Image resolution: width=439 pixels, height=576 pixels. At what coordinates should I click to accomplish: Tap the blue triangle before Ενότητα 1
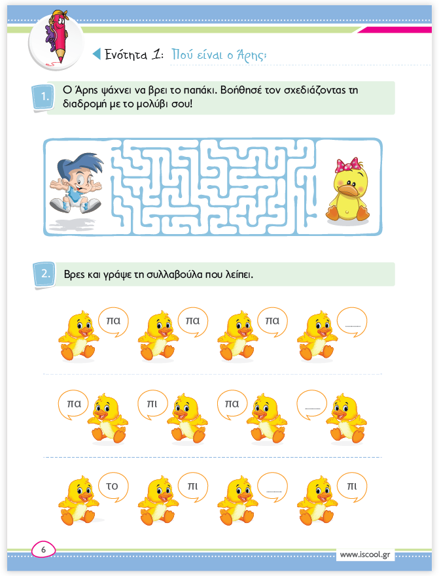tap(97, 54)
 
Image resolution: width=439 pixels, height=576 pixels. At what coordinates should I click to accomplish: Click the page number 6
tap(43, 550)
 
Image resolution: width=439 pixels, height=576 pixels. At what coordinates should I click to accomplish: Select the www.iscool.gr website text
tap(365, 554)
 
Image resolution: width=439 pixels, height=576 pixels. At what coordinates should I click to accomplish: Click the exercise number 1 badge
tap(43, 97)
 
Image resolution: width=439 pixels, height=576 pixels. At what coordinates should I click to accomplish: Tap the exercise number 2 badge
tap(44, 274)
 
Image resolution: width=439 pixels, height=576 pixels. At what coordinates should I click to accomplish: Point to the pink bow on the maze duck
tap(347, 165)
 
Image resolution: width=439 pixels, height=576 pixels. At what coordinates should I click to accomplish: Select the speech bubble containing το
tap(113, 487)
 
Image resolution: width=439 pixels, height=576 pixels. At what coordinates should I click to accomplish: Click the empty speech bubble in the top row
tap(352, 322)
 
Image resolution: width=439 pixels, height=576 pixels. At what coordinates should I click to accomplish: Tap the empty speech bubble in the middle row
tap(312, 405)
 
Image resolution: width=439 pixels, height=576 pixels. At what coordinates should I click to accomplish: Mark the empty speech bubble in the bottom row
tap(272, 487)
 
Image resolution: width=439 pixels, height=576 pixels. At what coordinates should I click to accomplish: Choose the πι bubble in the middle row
tap(152, 405)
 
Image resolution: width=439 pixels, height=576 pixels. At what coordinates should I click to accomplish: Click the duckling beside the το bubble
tap(79, 500)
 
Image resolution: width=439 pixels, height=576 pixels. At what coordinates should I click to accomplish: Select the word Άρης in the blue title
tap(251, 54)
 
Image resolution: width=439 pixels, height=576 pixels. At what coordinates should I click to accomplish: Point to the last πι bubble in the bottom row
tap(352, 487)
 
